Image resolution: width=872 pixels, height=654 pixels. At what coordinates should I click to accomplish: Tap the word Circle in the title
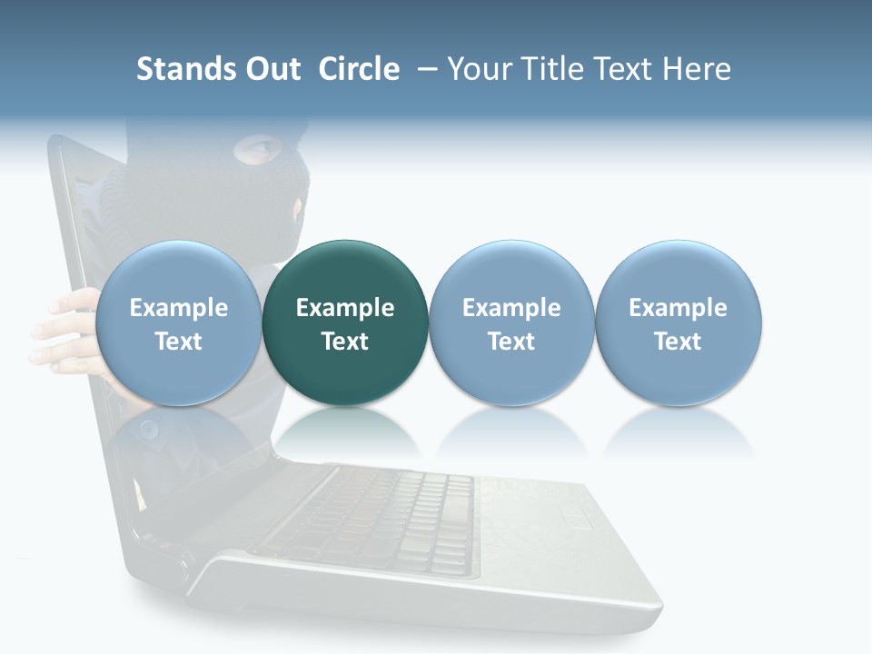coord(359,69)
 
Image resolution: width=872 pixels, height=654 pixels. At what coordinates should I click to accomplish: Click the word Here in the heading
coord(699,69)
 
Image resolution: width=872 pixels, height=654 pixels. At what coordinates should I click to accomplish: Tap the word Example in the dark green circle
coord(345,308)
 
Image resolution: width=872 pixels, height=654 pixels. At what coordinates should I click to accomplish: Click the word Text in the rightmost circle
coord(679,342)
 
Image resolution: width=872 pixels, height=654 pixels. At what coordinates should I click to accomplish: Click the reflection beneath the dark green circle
coord(345,431)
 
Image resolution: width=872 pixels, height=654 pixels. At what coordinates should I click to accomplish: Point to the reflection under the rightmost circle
coord(679,431)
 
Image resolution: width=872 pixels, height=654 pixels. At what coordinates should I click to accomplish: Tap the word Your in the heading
coord(478,69)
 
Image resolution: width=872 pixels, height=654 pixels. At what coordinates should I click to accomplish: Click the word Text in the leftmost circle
coord(178,342)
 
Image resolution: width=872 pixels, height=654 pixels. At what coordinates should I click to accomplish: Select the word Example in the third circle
coord(511,308)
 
